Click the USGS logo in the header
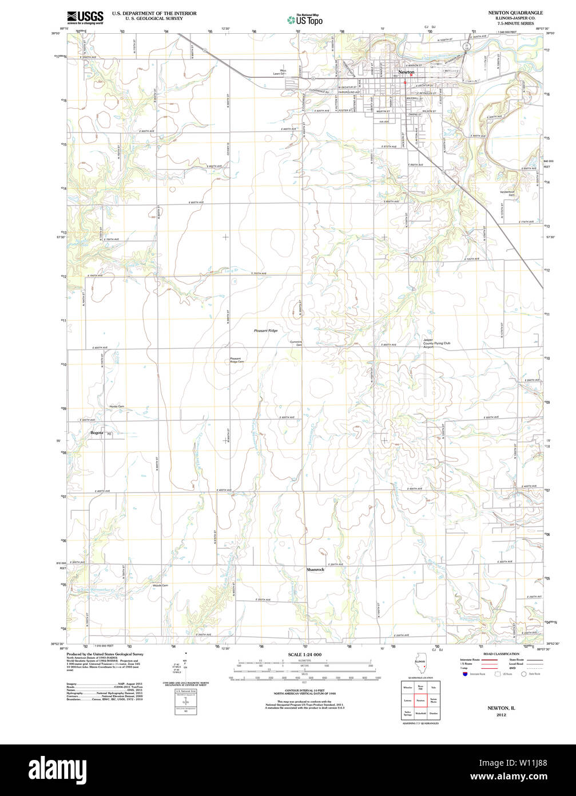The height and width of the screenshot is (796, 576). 85,17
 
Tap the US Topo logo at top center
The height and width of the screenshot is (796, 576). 305,19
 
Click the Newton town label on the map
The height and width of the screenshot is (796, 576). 406,72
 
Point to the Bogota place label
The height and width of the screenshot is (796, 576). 97,432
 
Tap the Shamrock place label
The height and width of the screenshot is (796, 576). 315,570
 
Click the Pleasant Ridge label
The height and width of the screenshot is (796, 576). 266,331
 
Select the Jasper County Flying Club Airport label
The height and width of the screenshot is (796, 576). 436,344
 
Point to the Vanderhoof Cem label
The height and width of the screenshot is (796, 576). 507,194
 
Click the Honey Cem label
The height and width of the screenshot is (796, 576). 117,407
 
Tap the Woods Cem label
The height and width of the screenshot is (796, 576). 160,585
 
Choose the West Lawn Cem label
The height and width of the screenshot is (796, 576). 279,72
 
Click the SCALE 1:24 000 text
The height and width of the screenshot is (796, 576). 304,655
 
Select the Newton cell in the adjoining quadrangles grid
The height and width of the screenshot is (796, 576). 420,700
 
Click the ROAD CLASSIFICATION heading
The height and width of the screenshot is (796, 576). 501,653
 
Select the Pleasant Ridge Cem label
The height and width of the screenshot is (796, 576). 237,360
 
